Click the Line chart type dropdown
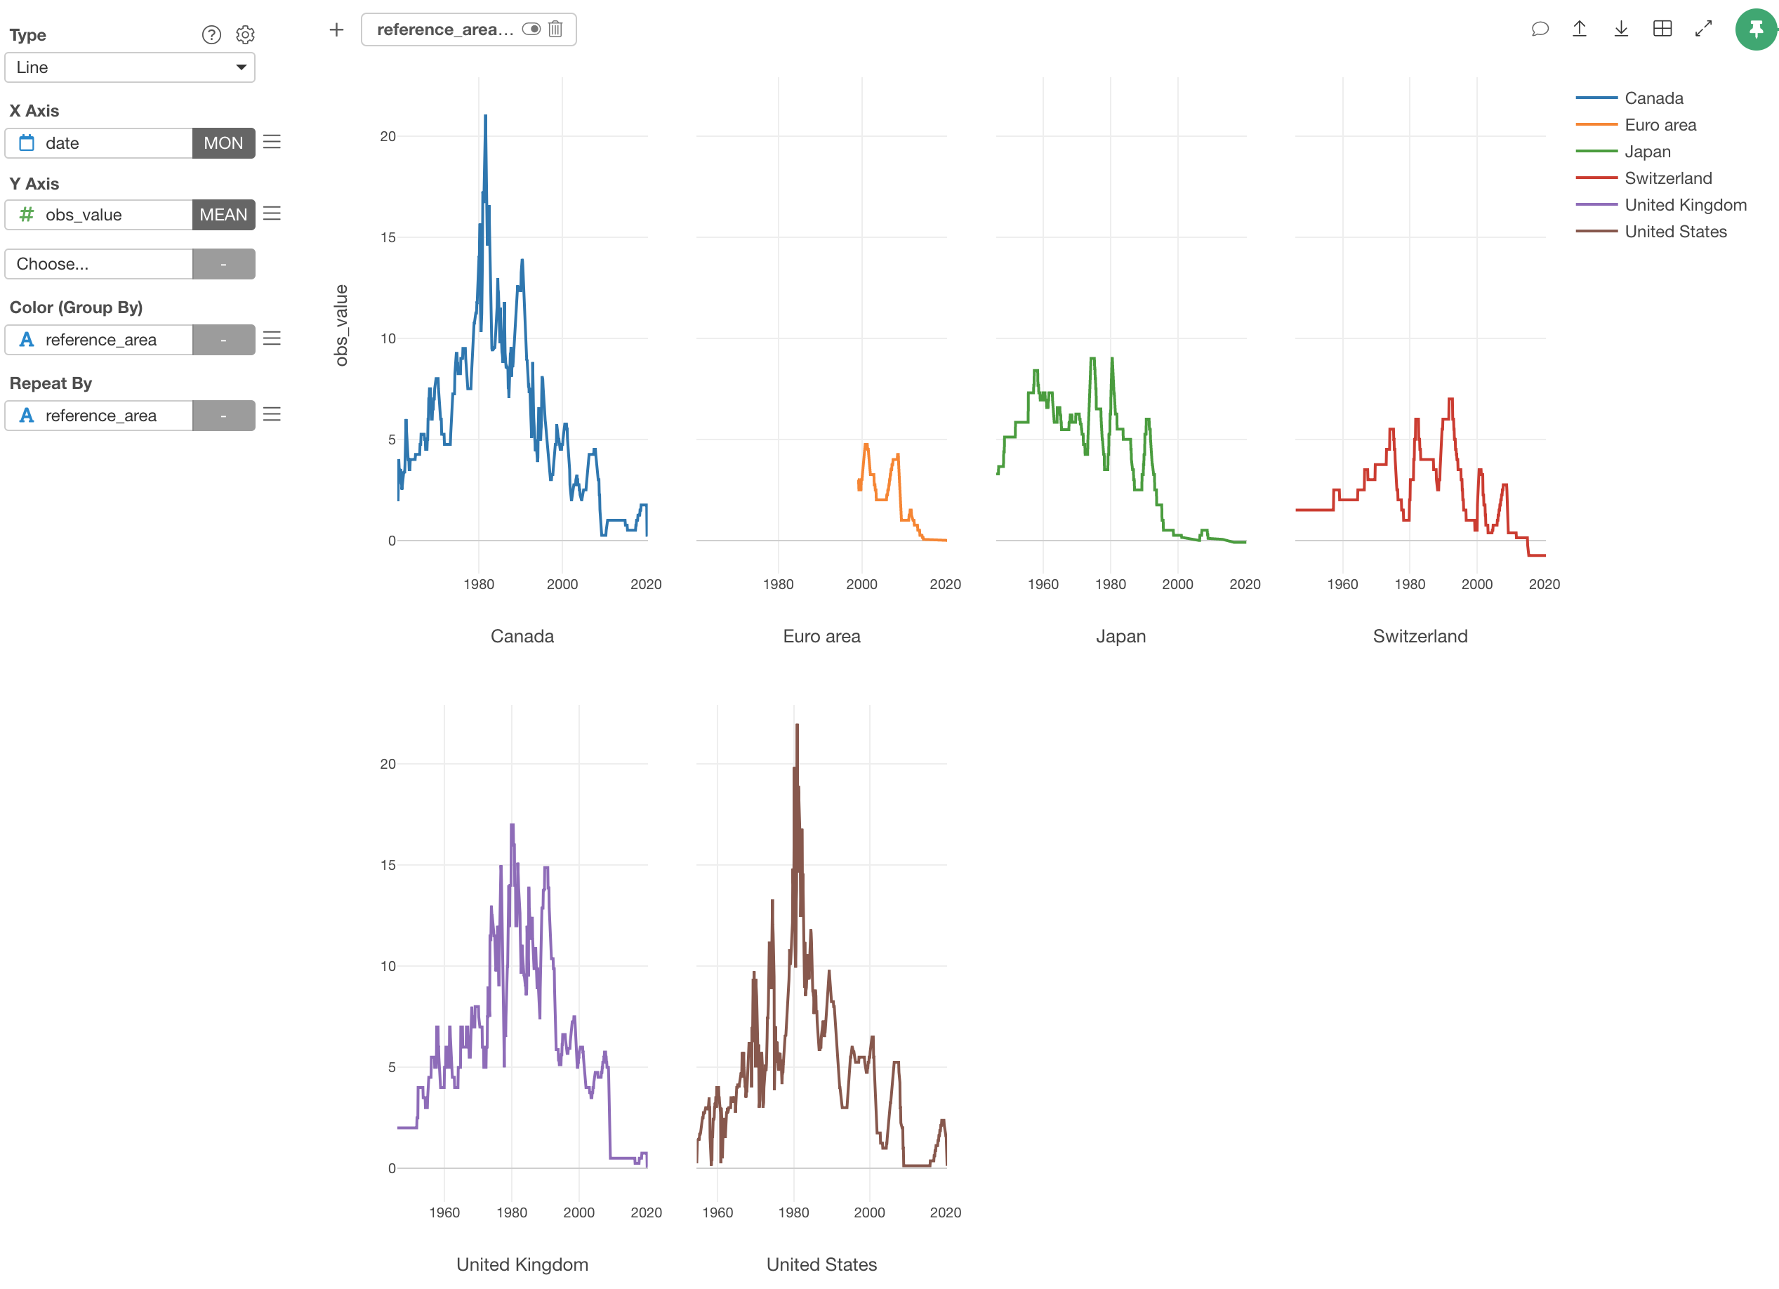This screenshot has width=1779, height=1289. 129,67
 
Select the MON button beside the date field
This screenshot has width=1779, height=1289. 223,143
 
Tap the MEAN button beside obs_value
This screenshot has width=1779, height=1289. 223,215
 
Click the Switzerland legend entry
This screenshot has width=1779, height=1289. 1667,178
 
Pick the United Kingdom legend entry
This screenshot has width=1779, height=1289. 1684,205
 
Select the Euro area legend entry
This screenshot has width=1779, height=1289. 1659,125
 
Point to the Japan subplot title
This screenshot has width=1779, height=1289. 1120,636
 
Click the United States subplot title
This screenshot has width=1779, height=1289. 821,1264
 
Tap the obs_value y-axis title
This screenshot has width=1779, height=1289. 341,325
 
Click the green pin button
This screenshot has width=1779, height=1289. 1755,29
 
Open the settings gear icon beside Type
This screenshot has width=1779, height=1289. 246,34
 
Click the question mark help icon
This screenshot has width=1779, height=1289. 212,34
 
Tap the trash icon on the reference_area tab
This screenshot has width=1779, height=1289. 555,29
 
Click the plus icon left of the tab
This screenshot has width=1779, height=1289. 336,29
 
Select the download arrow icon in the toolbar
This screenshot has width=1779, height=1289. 1620,29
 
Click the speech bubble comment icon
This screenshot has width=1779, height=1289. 1540,29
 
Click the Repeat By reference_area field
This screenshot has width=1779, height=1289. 99,416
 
